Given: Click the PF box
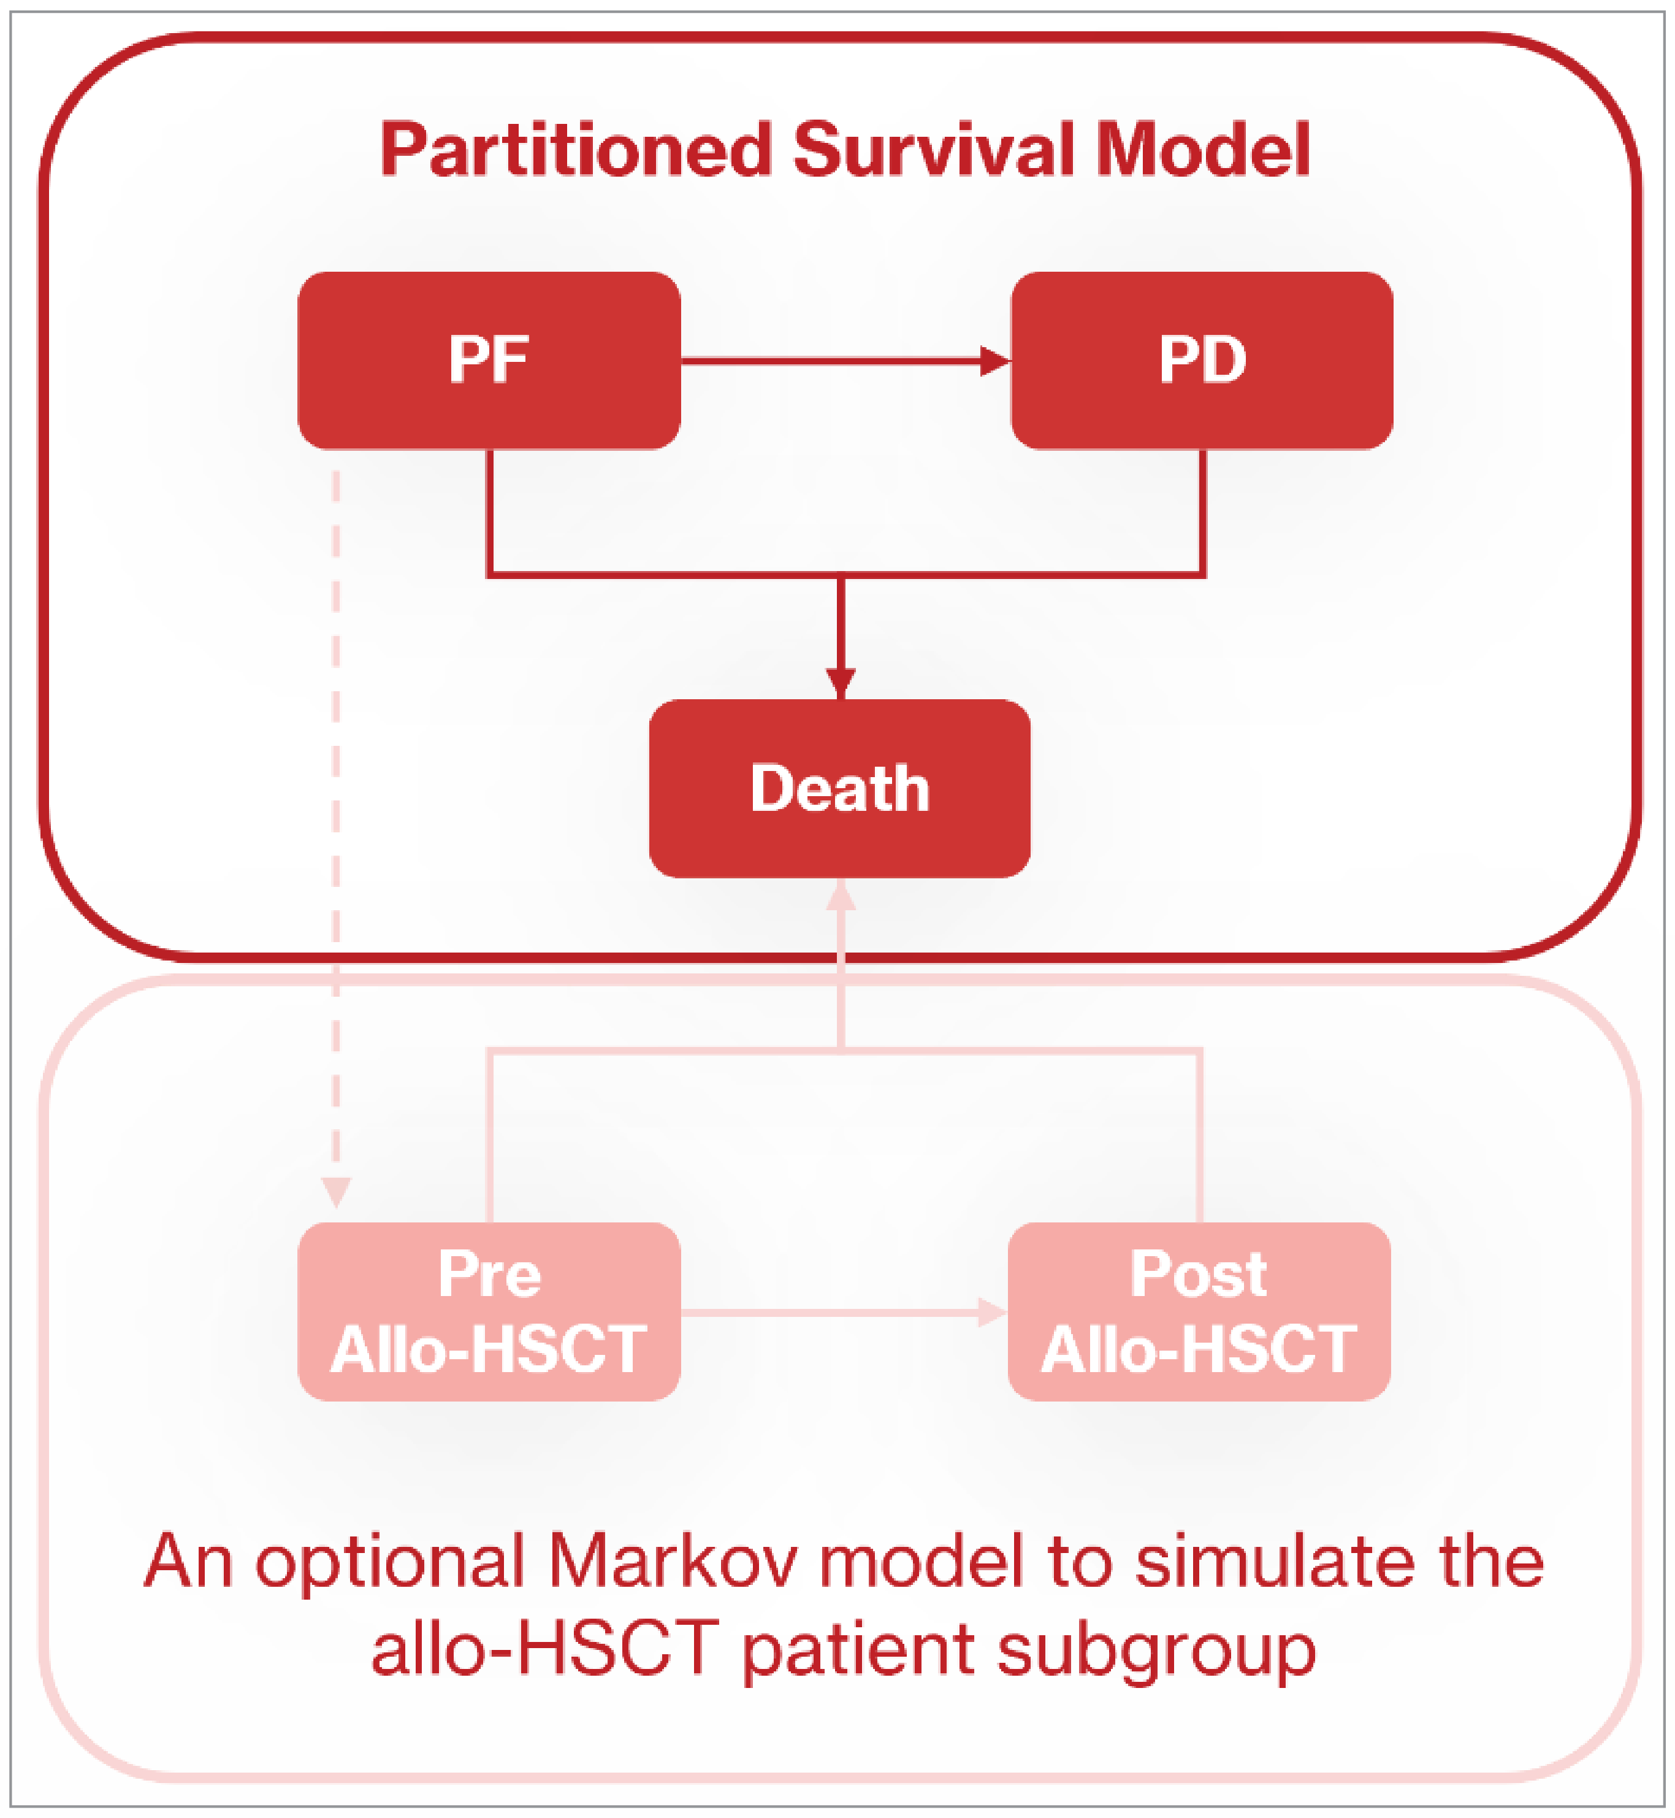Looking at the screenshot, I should coord(489,360).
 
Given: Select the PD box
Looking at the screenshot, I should coord(1201,360).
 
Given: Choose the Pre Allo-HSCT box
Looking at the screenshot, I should coord(489,1311).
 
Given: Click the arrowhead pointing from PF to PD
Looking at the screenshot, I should coord(995,361).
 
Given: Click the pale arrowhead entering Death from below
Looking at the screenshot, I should coord(841,896).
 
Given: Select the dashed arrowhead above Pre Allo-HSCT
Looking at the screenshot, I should coord(335,1191).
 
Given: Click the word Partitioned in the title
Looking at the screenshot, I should coord(576,150).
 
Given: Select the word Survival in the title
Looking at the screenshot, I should coord(934,150).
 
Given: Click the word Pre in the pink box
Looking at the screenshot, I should coord(489,1275).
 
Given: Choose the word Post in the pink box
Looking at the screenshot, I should coord(1198,1275).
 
